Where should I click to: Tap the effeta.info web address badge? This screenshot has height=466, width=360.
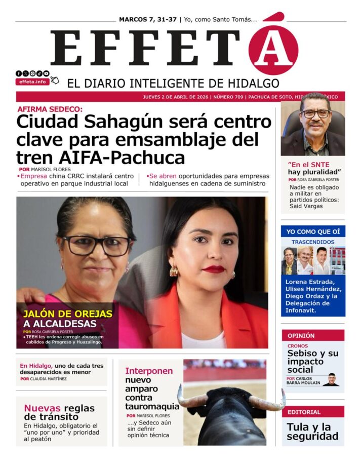(x=32, y=82)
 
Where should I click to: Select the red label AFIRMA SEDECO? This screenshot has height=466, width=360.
(x=50, y=109)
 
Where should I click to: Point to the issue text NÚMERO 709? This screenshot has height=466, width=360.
(x=228, y=96)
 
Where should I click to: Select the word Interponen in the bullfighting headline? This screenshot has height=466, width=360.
(x=149, y=371)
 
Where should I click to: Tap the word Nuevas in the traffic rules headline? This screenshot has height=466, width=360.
(x=42, y=408)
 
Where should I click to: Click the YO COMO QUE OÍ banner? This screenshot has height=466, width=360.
(x=313, y=231)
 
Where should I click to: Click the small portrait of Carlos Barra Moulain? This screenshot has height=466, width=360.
(x=331, y=379)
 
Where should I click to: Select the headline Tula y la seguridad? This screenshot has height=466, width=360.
(x=312, y=431)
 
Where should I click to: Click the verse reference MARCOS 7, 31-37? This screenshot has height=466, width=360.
(x=148, y=19)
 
